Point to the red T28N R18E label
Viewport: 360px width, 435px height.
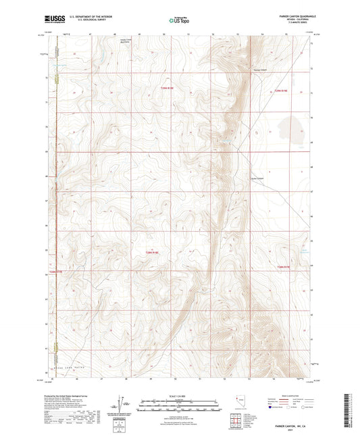pos(153,252)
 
